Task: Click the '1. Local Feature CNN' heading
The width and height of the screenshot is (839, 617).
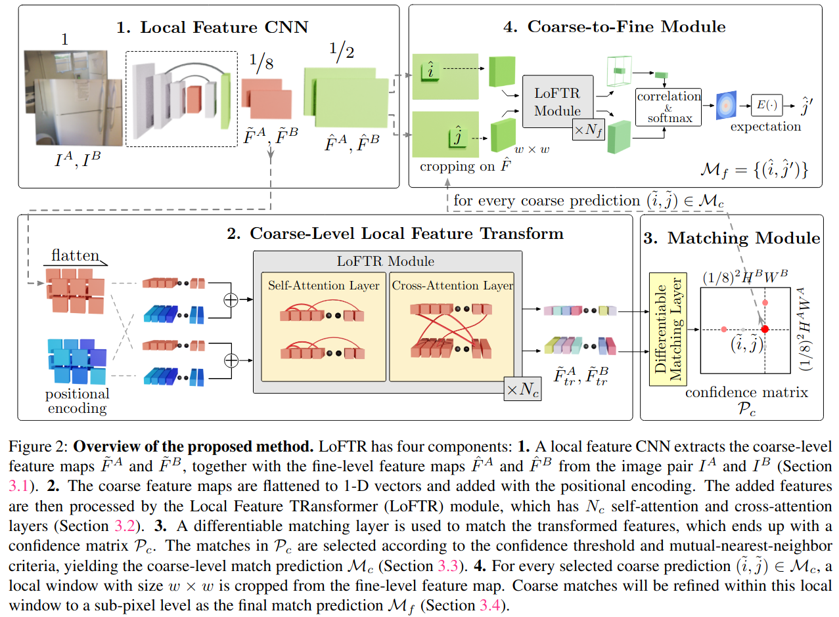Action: coord(212,28)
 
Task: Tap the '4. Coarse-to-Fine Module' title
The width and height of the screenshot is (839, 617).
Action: coord(614,26)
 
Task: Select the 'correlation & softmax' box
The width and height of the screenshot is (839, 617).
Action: coord(668,108)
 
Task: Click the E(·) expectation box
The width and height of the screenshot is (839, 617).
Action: coord(767,105)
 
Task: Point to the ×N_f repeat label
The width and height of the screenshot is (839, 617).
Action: coord(589,129)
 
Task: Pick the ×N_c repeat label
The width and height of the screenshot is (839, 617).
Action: coord(522,389)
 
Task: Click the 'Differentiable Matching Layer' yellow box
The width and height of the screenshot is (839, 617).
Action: coord(668,330)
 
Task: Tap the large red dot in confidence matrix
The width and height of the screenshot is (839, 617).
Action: coord(765,330)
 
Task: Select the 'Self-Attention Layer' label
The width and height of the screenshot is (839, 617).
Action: coord(324,286)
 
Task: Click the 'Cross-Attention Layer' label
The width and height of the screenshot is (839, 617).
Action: coord(453,286)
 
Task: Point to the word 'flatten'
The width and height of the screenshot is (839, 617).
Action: coord(76,255)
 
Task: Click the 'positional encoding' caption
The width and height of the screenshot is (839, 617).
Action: coord(77,401)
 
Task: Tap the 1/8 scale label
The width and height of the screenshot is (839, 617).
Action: coord(261,62)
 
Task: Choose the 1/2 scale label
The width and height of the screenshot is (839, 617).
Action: coord(341,51)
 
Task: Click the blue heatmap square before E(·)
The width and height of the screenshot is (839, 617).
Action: coord(726,105)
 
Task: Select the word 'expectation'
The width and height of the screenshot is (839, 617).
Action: coord(765,127)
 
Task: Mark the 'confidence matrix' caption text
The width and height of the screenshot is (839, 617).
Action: coord(746,393)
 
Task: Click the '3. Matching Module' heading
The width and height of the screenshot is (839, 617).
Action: coord(731,238)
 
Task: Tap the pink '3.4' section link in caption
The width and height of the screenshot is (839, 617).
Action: coord(490,605)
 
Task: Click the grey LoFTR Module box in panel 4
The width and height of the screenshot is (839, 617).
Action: coord(558,101)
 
